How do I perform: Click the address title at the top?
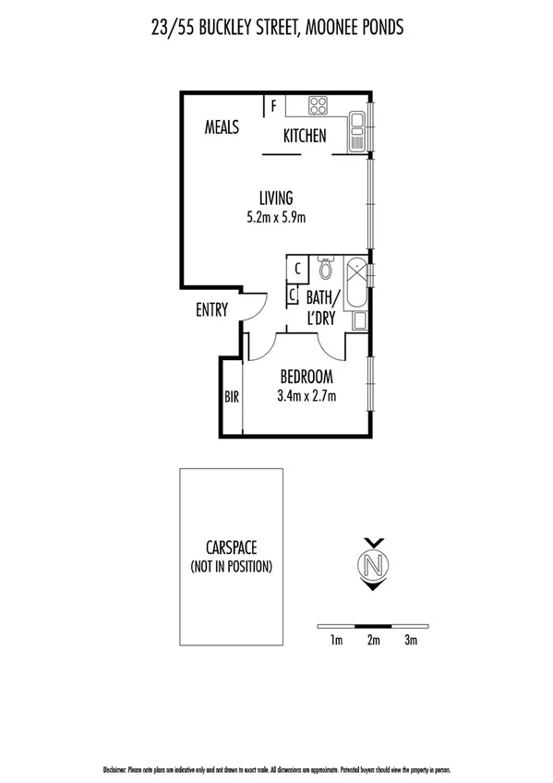277,29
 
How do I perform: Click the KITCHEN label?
305,137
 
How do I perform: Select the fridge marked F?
274,105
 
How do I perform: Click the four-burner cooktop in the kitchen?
319,104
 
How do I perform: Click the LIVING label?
275,198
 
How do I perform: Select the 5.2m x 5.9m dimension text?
275,218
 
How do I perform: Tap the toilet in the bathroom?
324,270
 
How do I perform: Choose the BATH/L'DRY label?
322,307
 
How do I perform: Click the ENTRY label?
211,310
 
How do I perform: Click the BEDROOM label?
306,378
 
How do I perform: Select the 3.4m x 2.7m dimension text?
306,397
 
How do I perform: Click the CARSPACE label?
231,547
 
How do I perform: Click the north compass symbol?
373,563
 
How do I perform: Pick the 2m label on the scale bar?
373,640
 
